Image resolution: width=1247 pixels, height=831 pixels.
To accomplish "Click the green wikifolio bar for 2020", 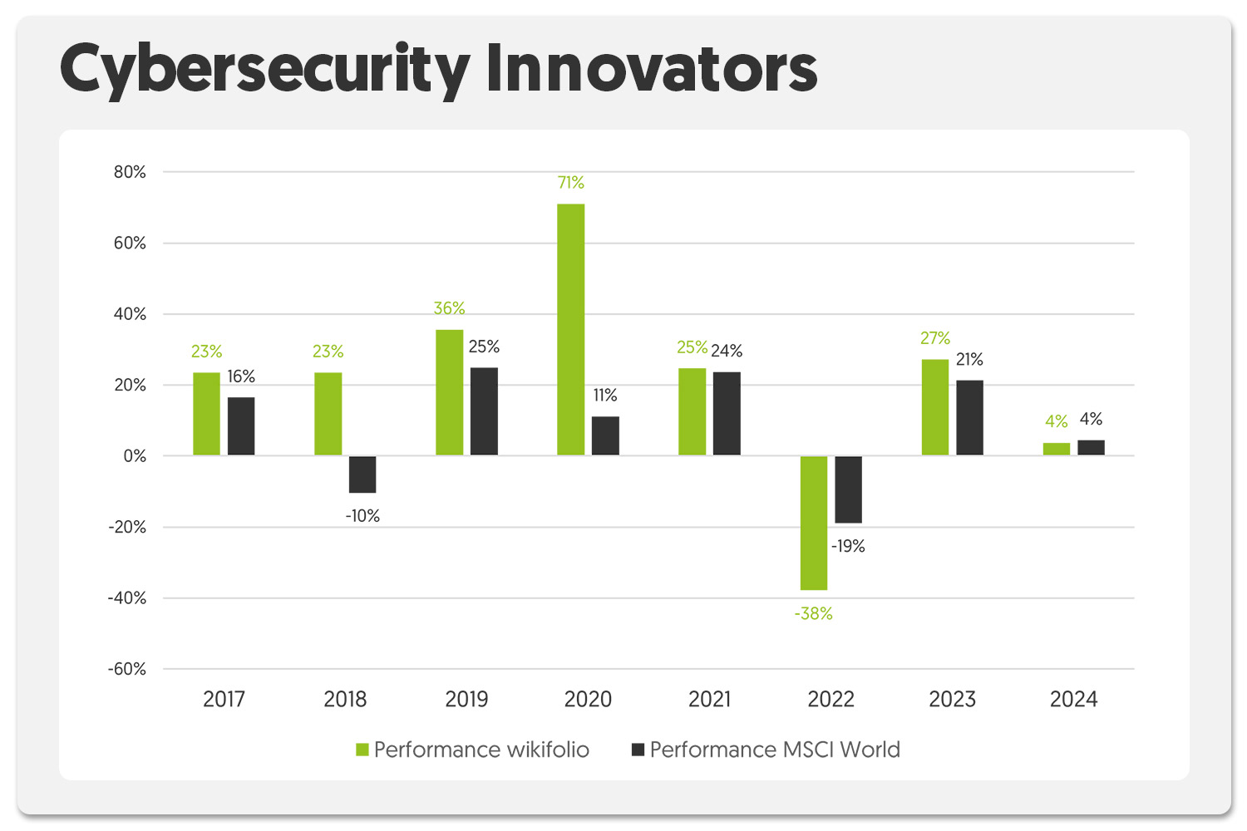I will (570, 329).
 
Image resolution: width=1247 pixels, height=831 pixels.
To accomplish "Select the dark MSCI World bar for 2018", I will (362, 475).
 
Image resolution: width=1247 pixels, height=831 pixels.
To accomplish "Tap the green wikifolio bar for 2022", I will (814, 523).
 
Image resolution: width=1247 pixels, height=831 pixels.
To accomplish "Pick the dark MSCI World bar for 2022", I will (848, 489).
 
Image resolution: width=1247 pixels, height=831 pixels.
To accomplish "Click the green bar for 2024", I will (1057, 450).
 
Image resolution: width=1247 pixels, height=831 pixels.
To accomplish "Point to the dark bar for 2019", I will (484, 411).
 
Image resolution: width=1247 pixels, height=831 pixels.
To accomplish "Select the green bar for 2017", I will (206, 414).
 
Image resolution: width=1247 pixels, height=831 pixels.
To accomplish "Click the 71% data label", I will (571, 183).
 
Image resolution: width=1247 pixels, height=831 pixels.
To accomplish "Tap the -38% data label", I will (813, 614).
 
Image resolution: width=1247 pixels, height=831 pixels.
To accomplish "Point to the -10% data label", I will (362, 516).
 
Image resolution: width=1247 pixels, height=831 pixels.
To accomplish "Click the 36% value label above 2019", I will (449, 308).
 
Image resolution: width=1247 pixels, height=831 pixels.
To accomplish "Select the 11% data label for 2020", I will (605, 396).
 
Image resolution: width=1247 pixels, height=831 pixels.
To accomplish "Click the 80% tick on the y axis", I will (130, 172).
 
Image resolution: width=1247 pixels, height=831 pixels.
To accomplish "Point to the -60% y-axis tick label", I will (126, 669).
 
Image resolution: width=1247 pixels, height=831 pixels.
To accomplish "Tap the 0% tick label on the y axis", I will (135, 456).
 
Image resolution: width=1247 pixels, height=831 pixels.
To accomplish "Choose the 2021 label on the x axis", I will (709, 699).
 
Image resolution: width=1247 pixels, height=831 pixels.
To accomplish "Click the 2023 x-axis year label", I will (952, 699).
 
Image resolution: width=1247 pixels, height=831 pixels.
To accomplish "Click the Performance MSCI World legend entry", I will (766, 750).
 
